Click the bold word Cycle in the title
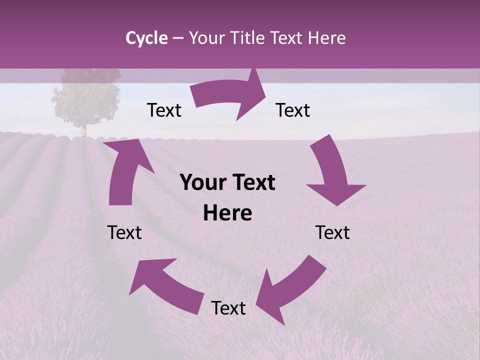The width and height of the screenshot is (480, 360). point(146,38)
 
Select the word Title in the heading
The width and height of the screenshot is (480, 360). point(248,38)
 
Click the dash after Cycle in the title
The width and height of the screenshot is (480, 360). point(178,38)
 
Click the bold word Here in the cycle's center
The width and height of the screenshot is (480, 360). point(227,213)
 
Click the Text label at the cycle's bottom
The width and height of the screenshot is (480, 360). point(228,308)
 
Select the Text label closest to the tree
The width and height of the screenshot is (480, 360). point(164,110)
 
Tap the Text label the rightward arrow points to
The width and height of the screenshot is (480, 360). point(293,110)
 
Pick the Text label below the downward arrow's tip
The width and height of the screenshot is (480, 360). point(332,232)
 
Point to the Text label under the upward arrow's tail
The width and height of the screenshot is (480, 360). point(124,232)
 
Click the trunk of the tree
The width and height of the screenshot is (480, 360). point(84,131)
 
